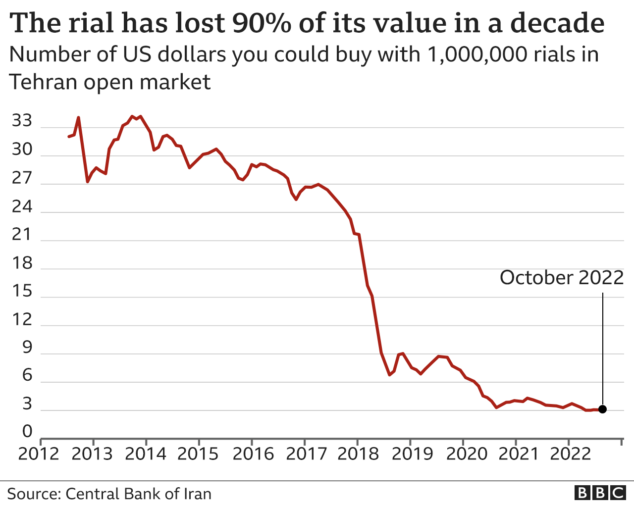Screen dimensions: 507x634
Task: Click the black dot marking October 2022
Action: coord(602,409)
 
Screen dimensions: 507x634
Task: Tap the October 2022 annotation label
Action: coord(562,278)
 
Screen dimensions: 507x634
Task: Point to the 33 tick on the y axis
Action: coord(22,121)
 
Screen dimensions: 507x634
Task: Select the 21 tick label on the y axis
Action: coord(22,234)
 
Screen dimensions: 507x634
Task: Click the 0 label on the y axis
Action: coord(27,432)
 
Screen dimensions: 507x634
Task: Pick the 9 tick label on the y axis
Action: coord(27,348)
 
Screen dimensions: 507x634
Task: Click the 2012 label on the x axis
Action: coord(39,454)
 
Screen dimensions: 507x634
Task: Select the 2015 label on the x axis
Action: coord(198,454)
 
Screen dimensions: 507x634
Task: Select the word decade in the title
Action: coord(557,23)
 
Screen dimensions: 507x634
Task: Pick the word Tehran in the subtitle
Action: coord(43,82)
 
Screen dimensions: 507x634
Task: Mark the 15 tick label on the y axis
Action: coord(22,291)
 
